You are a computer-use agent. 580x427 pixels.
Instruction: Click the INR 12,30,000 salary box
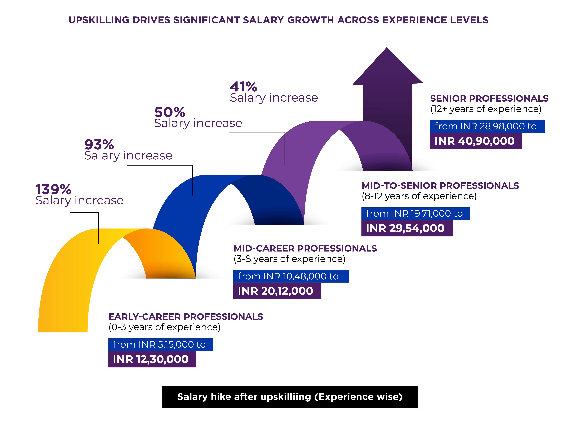coord(152,359)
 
